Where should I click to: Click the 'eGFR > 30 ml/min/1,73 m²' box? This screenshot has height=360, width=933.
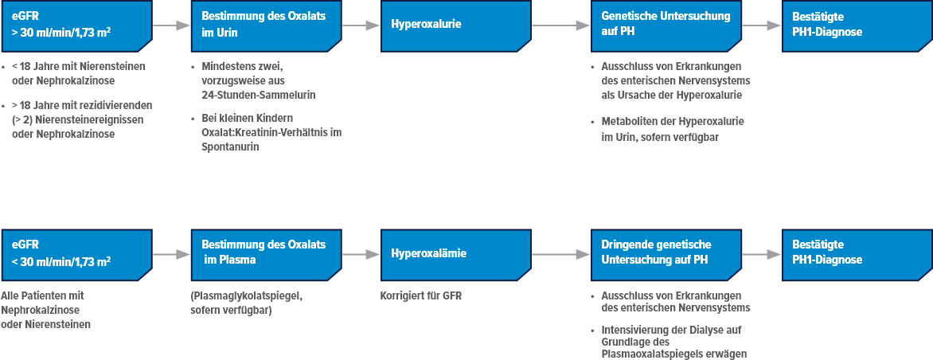[x=76, y=25]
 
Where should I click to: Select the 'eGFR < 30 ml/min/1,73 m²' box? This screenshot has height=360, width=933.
[x=76, y=252]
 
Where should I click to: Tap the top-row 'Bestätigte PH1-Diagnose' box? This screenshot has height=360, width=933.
[x=856, y=25]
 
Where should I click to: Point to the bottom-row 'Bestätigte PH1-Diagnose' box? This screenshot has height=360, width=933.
[x=856, y=252]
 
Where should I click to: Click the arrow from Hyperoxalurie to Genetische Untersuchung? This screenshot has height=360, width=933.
[x=560, y=25]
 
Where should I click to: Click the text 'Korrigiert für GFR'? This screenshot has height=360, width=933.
[x=421, y=296]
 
